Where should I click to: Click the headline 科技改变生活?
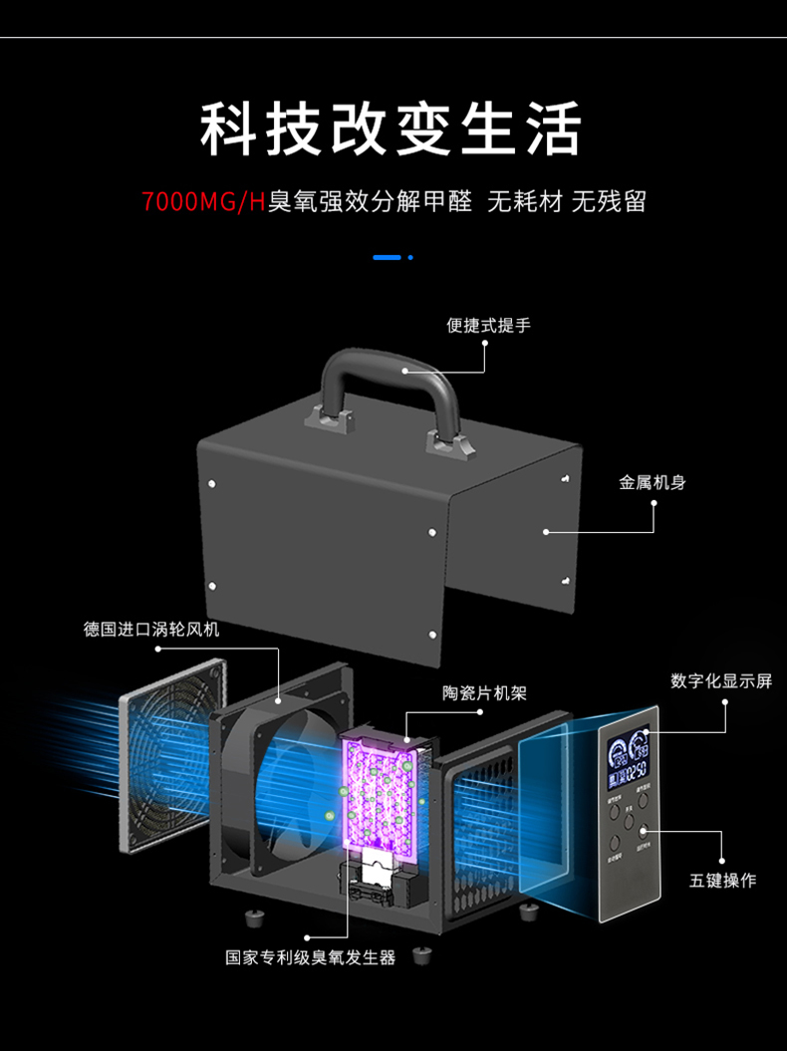pos(392,129)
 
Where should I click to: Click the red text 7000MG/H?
pos(204,202)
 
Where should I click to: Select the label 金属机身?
pos(653,482)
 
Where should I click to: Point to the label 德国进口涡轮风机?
pos(151,630)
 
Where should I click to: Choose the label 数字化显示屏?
pos(721,681)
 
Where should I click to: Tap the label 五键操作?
pos(723,880)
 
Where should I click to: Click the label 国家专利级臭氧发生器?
pos(311,957)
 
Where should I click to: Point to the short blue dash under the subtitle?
pos(387,257)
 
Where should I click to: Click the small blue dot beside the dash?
pos(410,257)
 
